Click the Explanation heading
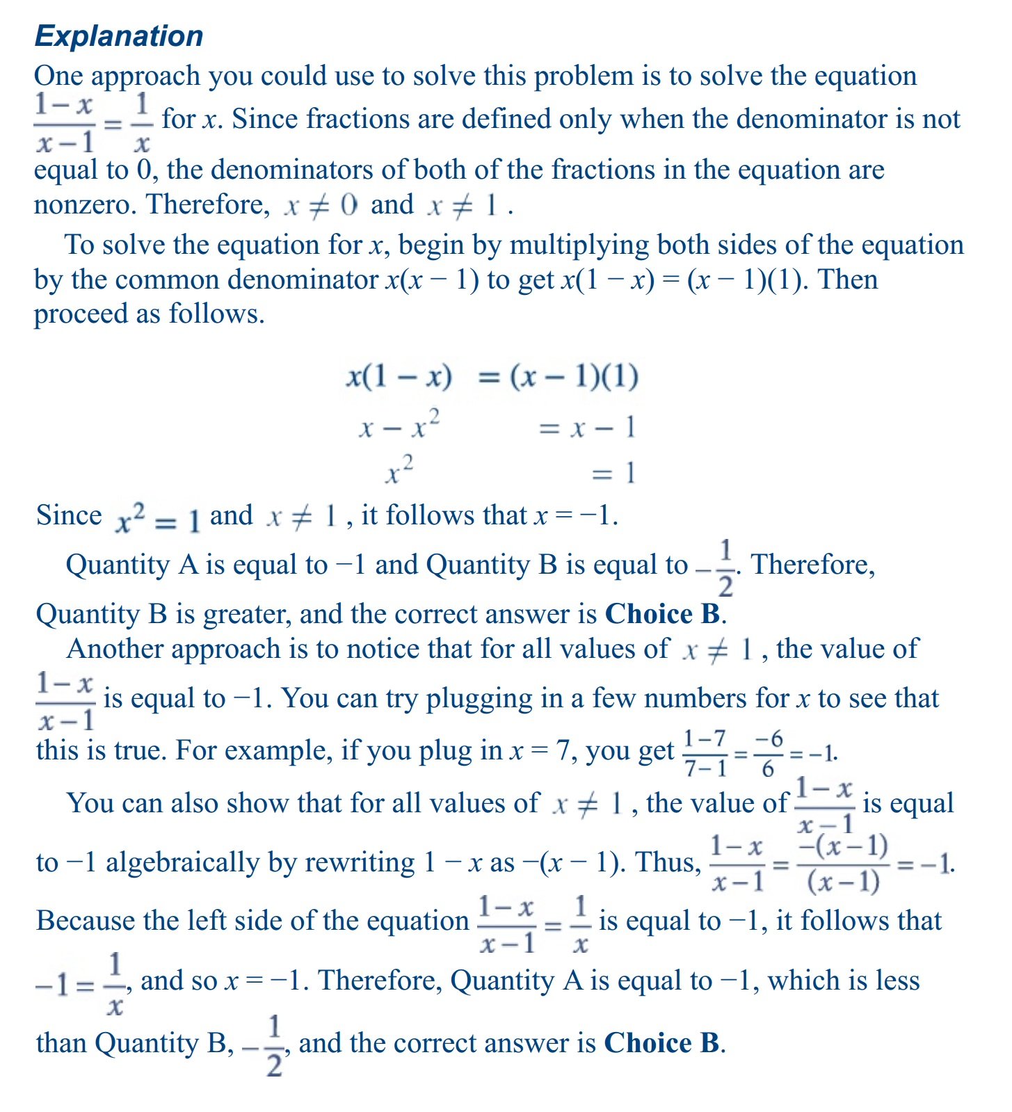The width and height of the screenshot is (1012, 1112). pyautogui.click(x=119, y=36)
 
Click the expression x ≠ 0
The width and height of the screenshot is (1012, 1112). pyautogui.click(x=321, y=205)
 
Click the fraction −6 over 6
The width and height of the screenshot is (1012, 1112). pyautogui.click(x=768, y=753)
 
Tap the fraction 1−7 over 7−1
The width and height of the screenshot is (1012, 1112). pyautogui.click(x=705, y=753)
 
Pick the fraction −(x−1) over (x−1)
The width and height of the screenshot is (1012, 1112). pyautogui.click(x=843, y=864)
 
